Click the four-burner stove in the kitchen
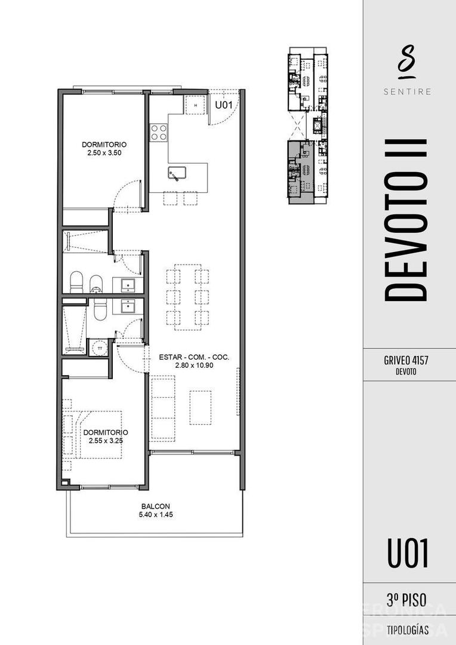159,132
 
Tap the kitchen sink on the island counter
177,173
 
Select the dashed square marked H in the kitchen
195,105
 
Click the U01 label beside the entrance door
223,105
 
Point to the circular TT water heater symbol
100,348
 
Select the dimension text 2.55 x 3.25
106,441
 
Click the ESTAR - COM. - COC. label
194,358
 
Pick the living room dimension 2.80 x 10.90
194,366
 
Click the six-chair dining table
187,296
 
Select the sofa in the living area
162,408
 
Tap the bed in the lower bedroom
95,434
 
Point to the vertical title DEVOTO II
406,220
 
